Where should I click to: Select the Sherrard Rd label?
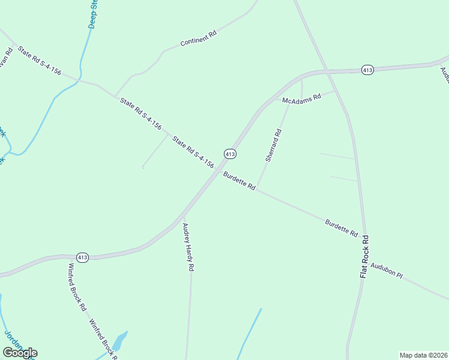point(273,146)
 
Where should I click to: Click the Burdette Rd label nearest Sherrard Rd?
point(240,181)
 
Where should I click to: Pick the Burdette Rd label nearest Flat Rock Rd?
point(342,227)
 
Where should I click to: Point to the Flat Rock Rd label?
point(364,256)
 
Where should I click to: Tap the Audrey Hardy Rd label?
point(188,248)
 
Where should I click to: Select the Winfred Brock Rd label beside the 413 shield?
point(77,287)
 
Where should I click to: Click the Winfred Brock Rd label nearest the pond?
point(103,340)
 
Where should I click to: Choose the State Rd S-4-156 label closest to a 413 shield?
point(193,152)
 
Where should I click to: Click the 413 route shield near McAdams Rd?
point(368,70)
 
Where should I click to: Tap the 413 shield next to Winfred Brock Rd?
point(83,257)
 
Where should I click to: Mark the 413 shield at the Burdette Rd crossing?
point(230,154)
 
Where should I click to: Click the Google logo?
point(20,352)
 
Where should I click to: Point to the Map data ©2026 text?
point(423,355)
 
